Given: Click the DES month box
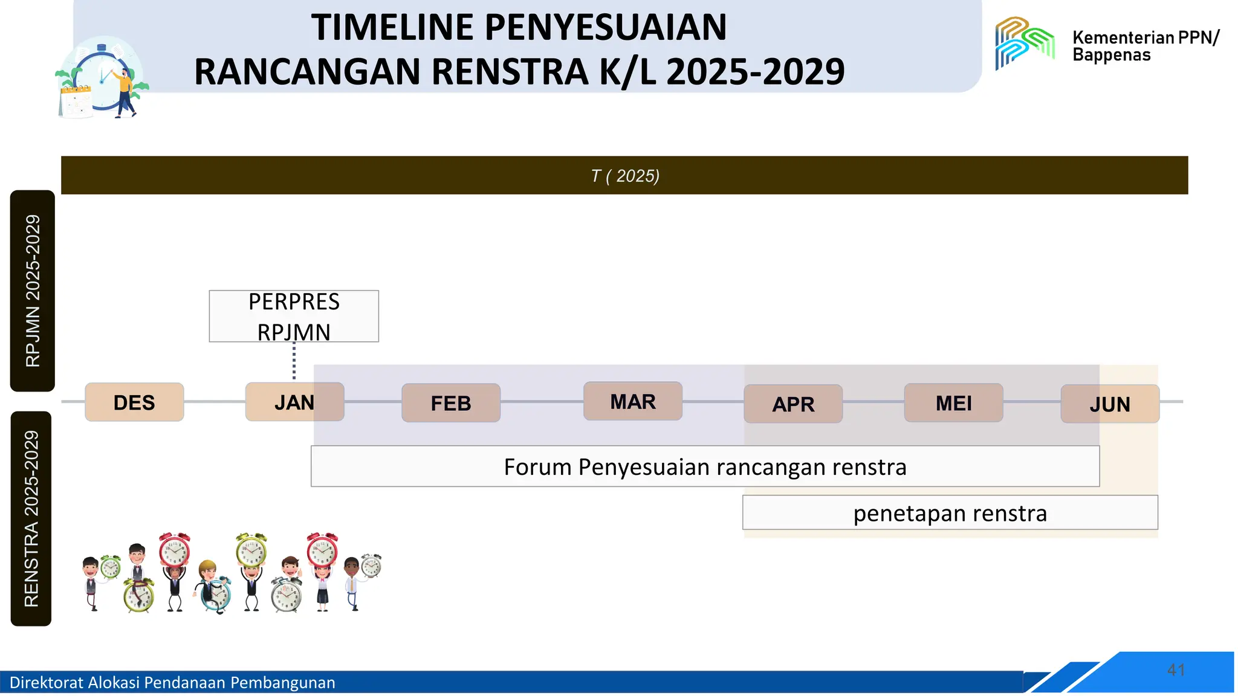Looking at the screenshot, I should coord(134,402).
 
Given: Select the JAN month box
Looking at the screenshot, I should coord(294,402).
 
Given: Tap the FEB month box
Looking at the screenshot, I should coord(451,403).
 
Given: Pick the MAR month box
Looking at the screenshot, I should coord(633,401).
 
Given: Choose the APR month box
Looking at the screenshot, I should coord(793,404).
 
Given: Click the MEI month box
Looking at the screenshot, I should coord(953,403).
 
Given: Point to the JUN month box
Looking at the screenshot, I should coord(1110,404).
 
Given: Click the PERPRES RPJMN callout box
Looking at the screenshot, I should coord(294,317).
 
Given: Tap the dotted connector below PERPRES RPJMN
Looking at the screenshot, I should coord(294,361).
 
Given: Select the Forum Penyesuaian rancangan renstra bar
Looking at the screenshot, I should coord(705,467).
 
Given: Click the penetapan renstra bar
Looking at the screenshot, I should coord(950,513).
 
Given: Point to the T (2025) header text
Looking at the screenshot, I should coord(625,176).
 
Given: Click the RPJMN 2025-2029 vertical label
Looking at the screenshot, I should coord(33,291).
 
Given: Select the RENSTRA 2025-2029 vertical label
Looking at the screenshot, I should coord(31,518).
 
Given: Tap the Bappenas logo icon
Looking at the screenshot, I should coord(1025,42).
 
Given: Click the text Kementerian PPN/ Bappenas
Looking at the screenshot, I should coord(1146,46).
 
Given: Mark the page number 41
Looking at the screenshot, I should coord(1176,670).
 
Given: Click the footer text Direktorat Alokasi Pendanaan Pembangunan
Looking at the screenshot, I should coord(172,683).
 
